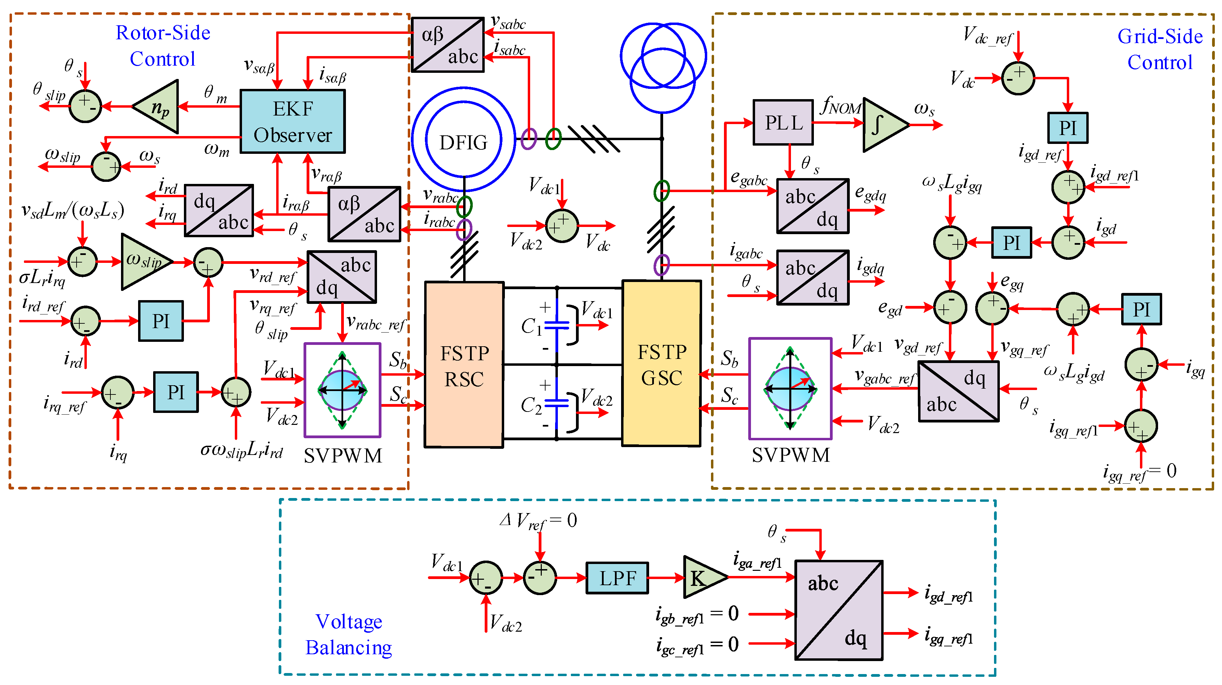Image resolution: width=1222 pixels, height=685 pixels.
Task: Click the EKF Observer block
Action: pos(292,121)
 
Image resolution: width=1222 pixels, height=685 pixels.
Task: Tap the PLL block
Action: pos(783,122)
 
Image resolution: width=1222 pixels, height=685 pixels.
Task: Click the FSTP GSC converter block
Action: pos(661,364)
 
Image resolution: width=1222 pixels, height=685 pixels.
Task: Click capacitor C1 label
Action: pos(531,326)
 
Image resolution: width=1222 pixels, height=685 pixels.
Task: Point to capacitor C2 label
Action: pos(531,406)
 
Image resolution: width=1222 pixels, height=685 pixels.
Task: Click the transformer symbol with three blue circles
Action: pos(663,66)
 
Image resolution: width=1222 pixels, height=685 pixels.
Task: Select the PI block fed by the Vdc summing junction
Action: pos(1067,127)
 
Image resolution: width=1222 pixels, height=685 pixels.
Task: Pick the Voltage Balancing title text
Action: pos(349,634)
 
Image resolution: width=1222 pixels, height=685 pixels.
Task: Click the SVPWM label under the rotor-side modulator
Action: pos(343,456)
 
